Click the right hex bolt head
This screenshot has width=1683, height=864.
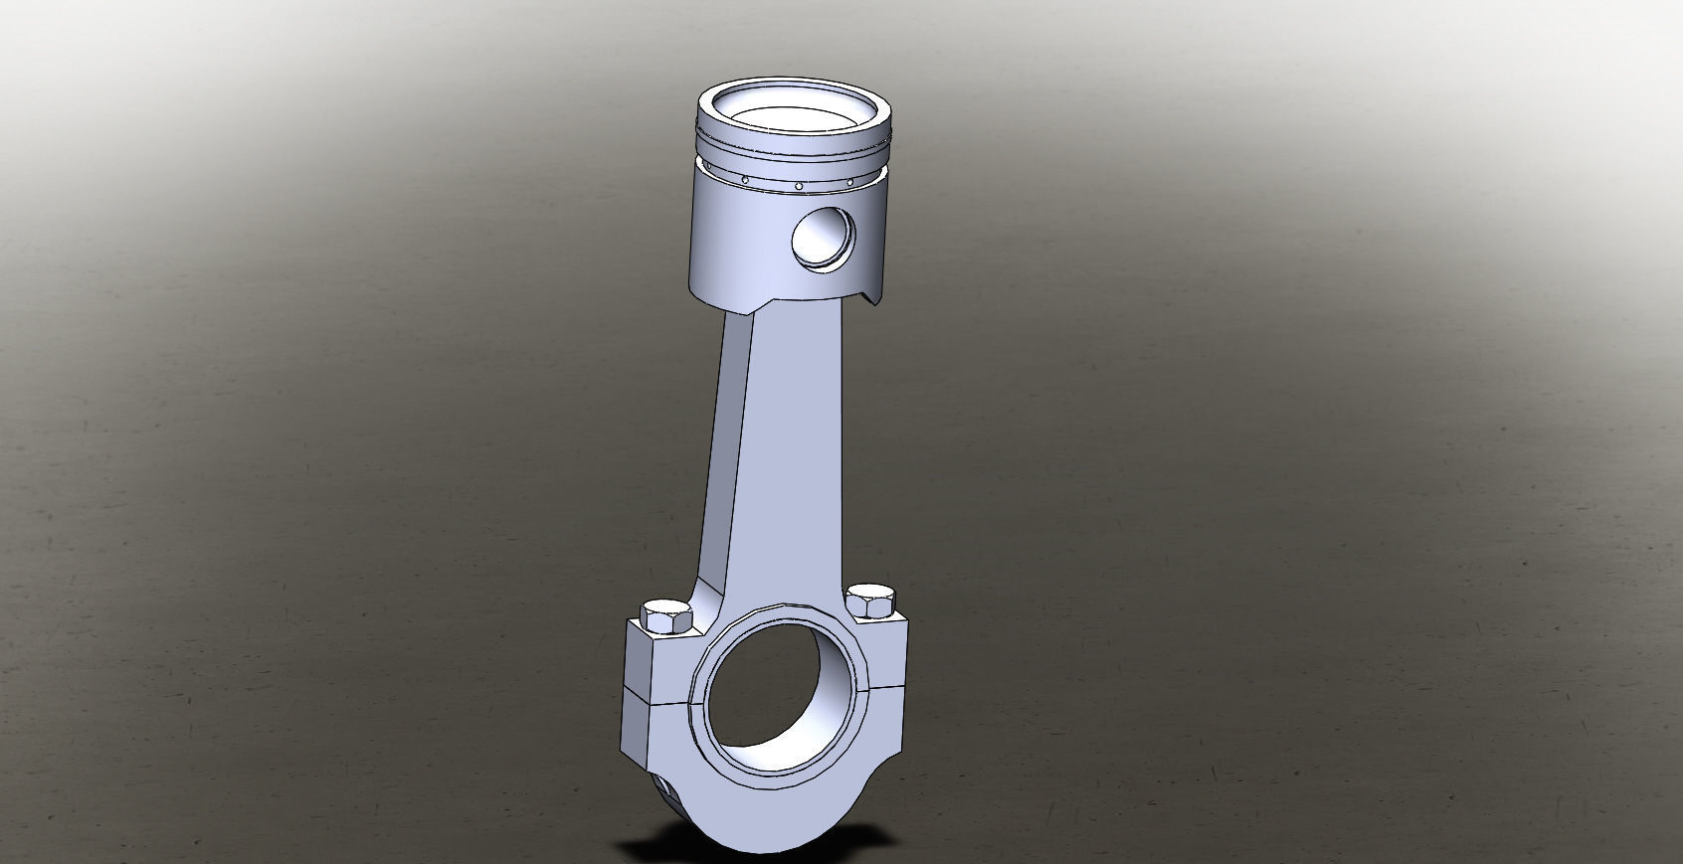(x=871, y=603)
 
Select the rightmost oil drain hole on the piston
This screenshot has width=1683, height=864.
(x=849, y=182)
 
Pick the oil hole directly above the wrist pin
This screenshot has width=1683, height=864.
(x=799, y=185)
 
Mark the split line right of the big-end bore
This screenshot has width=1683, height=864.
(x=888, y=685)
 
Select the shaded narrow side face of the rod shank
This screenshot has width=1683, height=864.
(x=723, y=447)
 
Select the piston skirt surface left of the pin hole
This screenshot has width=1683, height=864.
(x=736, y=239)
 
